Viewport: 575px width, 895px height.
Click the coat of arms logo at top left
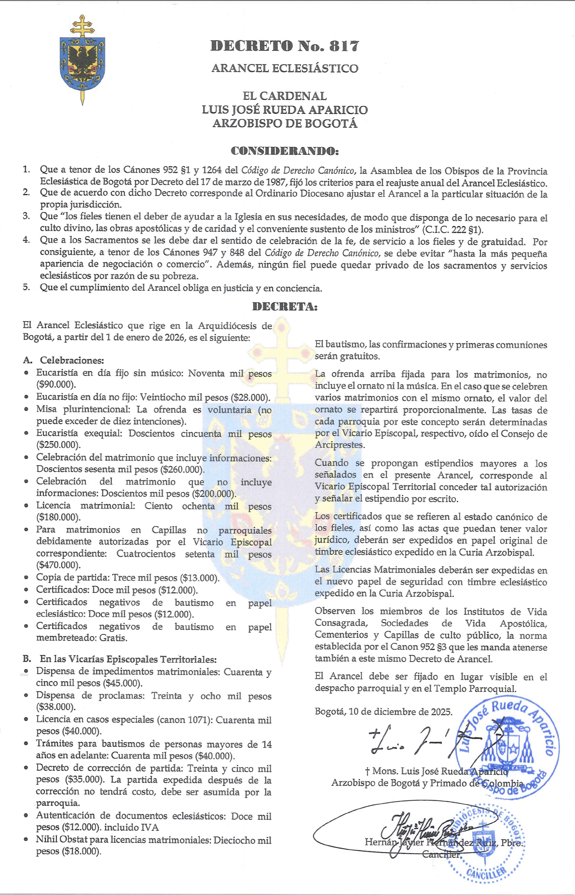(82, 60)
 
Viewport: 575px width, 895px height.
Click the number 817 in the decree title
(344, 46)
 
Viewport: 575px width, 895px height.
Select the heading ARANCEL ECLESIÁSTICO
(285, 69)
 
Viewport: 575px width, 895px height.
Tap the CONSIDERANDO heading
(285, 151)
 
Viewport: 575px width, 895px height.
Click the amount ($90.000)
(56, 385)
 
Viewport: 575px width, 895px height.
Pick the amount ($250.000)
(58, 445)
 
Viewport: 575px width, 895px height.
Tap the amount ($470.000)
(58, 565)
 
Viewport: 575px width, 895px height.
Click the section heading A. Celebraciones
(64, 361)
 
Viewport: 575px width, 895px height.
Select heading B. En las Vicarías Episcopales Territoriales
(120, 659)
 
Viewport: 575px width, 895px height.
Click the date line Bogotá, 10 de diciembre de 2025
(383, 712)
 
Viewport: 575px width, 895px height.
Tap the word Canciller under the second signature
(441, 854)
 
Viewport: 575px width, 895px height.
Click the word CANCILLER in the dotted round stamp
(487, 872)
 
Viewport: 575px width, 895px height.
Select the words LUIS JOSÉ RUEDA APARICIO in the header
(285, 110)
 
